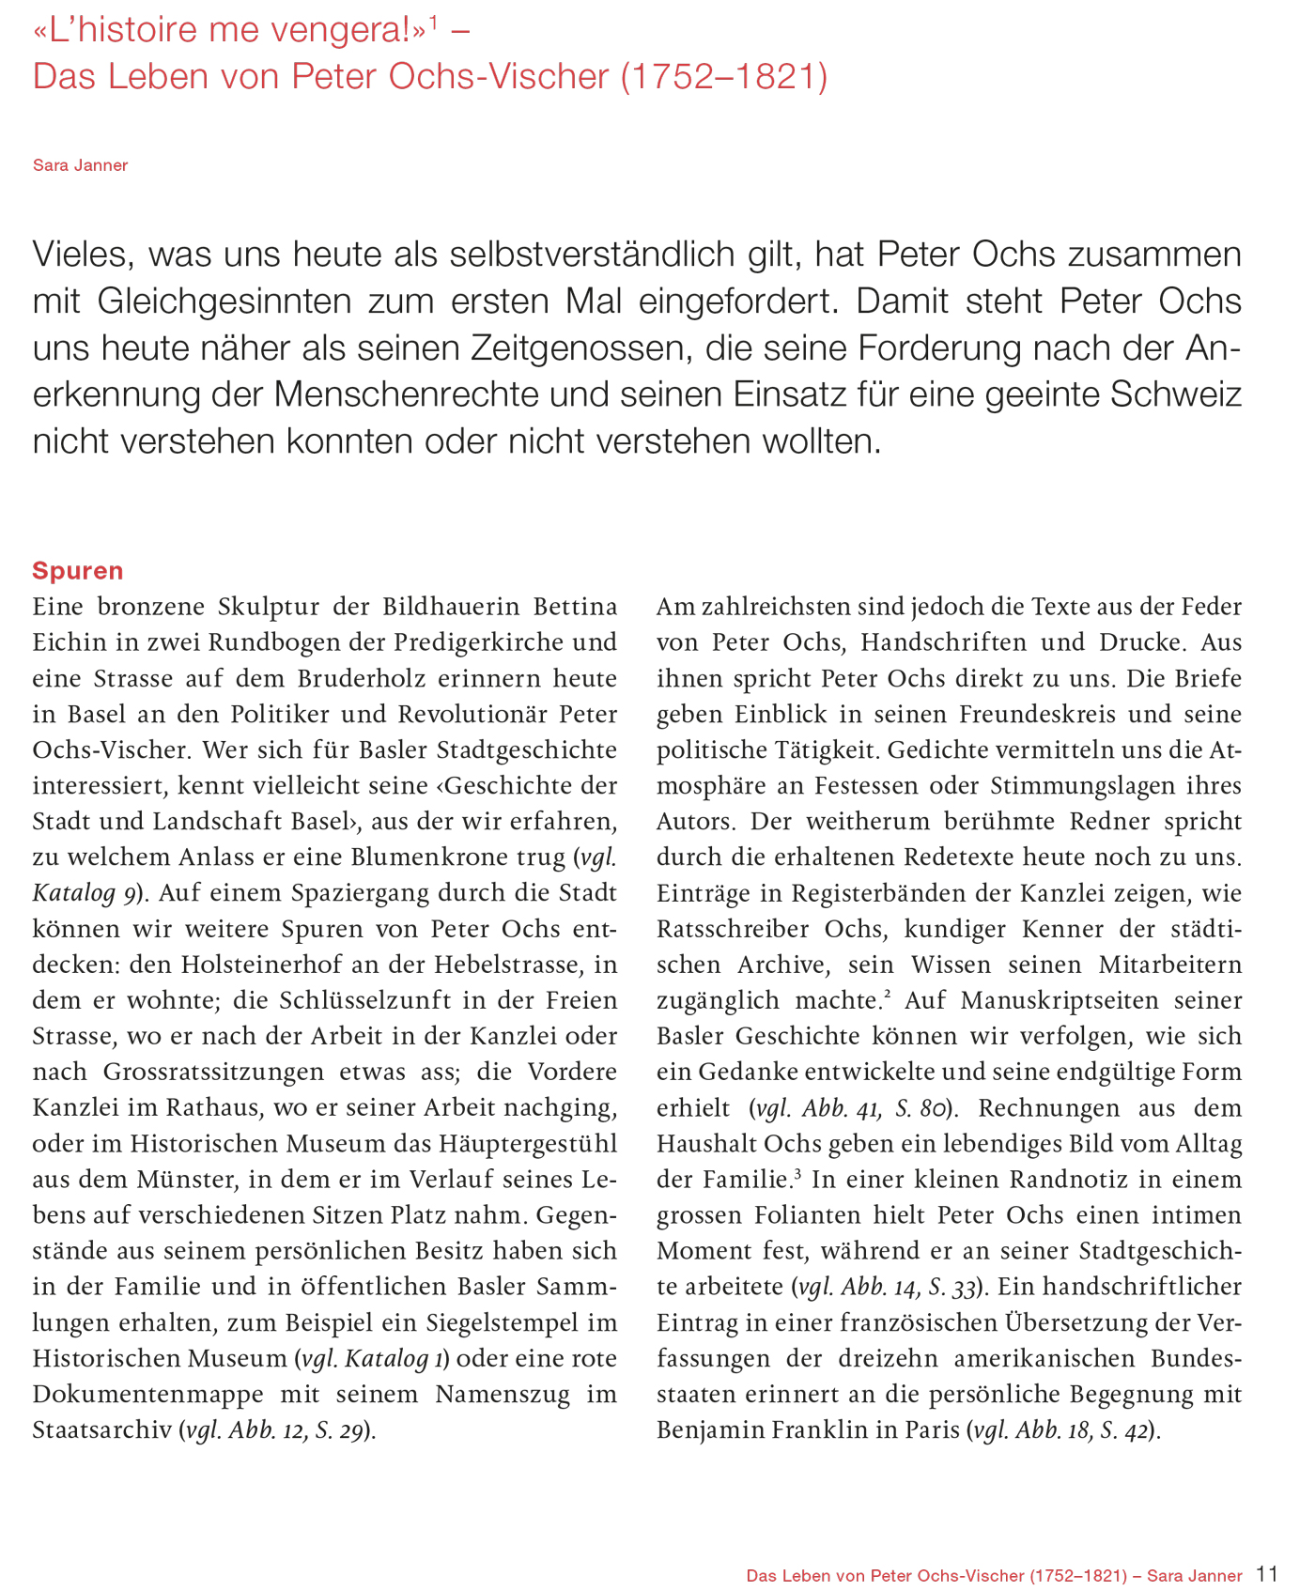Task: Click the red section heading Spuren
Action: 78,571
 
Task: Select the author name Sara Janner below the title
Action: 80,165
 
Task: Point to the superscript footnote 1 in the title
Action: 434,23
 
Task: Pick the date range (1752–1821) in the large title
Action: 724,77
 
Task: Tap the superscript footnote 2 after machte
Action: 888,995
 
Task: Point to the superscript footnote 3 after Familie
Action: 797,1173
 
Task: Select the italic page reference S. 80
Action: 920,1108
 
